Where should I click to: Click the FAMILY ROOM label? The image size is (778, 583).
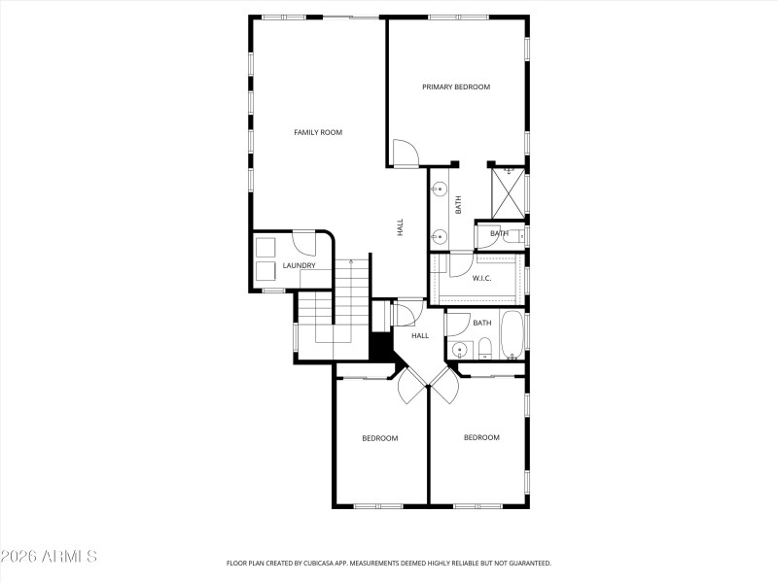click(318, 132)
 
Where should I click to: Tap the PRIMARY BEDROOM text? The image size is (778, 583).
click(455, 86)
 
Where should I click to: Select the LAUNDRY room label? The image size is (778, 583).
click(299, 265)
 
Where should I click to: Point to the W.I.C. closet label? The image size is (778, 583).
click(481, 279)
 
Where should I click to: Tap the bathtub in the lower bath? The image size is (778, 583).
click(512, 336)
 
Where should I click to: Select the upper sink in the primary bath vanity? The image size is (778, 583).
click(440, 189)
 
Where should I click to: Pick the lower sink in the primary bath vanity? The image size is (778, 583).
click(440, 234)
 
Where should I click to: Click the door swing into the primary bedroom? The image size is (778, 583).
click(405, 153)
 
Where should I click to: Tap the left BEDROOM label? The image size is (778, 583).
click(379, 438)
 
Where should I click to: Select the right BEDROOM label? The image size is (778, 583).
click(480, 437)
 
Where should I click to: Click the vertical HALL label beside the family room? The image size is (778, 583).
click(400, 227)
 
